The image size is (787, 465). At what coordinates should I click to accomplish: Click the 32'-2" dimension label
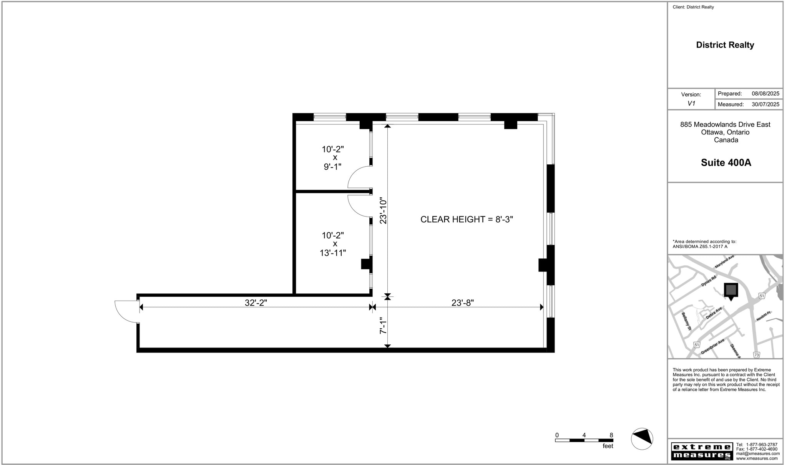[256, 303]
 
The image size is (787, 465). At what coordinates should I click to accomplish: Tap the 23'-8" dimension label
[462, 303]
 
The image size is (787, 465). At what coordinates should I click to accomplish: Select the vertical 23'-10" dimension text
[383, 210]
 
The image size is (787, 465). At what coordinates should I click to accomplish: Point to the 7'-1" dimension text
[383, 326]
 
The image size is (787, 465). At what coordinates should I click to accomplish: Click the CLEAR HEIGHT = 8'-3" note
[467, 219]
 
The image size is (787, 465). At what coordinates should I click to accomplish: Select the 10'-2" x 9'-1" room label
[333, 158]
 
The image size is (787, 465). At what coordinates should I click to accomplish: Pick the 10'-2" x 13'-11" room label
[333, 244]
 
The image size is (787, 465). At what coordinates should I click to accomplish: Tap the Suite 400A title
[726, 162]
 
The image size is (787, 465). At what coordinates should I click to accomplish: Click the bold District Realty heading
[725, 45]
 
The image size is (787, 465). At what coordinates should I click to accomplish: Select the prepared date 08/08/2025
[765, 94]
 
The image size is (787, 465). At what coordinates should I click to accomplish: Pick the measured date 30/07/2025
[765, 104]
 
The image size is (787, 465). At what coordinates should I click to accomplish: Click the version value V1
[691, 104]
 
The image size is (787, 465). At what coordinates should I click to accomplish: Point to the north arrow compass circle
[642, 439]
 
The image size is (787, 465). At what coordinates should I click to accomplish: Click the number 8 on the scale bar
[611, 435]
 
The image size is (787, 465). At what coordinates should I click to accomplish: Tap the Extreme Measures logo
[702, 451]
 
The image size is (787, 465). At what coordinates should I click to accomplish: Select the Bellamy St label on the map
[686, 321]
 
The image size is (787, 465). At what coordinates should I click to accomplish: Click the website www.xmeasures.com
[757, 458]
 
